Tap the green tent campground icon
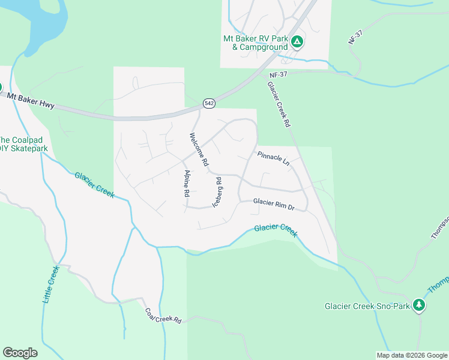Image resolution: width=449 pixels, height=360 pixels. click(297, 41)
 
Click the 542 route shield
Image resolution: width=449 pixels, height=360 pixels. click(208, 103)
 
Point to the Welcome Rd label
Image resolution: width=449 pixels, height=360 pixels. click(199, 149)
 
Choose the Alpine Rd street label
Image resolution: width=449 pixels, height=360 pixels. click(186, 184)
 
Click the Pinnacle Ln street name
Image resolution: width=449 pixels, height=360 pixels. click(273, 158)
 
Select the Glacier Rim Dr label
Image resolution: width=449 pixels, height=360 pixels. click(274, 204)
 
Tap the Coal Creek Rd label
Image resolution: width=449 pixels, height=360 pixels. click(163, 316)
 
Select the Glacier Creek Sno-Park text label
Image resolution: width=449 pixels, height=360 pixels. click(367, 306)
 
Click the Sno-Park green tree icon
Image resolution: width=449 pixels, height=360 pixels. click(419, 305)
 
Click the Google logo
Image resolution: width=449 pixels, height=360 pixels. click(20, 353)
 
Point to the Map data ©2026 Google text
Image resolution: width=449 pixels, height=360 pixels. click(411, 355)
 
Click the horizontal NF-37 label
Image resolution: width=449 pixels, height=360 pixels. click(279, 74)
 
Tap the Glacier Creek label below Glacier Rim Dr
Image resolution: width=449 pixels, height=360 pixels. click(276, 230)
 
